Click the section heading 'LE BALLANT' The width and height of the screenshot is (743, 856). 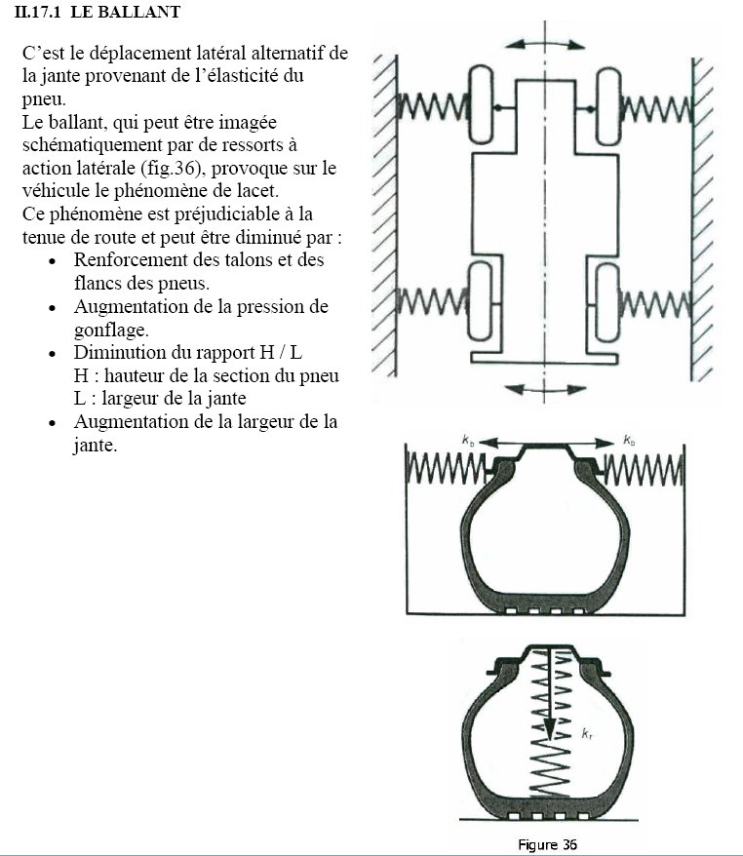point(126,12)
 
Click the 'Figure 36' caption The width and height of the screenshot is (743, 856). point(547,844)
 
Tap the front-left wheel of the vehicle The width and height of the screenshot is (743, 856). point(481,104)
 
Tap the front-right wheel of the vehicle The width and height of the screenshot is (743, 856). point(607,106)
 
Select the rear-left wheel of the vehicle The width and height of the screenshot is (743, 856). point(481,302)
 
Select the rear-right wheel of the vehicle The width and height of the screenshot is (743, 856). point(606,303)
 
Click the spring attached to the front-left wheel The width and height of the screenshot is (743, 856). point(432,106)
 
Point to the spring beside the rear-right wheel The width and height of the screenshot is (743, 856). point(655,304)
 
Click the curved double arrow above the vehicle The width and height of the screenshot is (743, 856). point(545,44)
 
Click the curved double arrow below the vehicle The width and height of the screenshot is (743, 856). point(545,389)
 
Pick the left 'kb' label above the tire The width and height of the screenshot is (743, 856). point(468,440)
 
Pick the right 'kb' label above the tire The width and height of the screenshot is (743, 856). point(629,440)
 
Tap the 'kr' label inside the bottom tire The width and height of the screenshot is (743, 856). point(587,734)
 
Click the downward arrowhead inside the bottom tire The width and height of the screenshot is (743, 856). point(550,729)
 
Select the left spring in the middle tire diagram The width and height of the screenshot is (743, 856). point(446,469)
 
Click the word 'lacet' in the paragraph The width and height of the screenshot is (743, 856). point(255,190)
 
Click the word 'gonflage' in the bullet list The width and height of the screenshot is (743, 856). point(111,331)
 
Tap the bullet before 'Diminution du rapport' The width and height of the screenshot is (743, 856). point(53,354)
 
